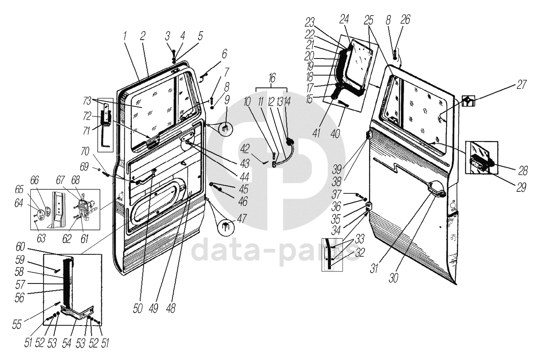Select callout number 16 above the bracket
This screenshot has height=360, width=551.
coord(272,78)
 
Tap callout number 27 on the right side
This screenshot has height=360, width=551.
coord(521,84)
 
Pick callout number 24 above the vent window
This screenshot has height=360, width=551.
coord(345,19)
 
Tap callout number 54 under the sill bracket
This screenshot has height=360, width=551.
coord(66,343)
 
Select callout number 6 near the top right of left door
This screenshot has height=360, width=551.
coord(224,53)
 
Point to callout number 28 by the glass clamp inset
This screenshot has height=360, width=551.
coord(523,171)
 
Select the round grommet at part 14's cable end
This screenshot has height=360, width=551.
coord(290,143)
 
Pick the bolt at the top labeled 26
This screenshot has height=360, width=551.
coord(395,53)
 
